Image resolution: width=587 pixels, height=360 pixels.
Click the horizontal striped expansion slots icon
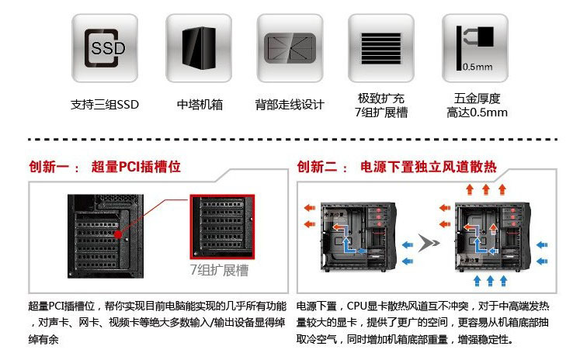(380, 48)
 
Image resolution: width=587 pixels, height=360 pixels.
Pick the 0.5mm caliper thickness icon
(476, 48)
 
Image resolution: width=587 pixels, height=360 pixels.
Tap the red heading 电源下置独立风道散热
(429, 167)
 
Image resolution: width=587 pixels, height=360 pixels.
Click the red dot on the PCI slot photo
(117, 234)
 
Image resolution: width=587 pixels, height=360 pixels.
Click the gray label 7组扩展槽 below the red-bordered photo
(220, 271)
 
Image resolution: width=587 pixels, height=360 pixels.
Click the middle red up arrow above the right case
(486, 189)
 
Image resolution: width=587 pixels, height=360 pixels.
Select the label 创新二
(318, 167)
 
